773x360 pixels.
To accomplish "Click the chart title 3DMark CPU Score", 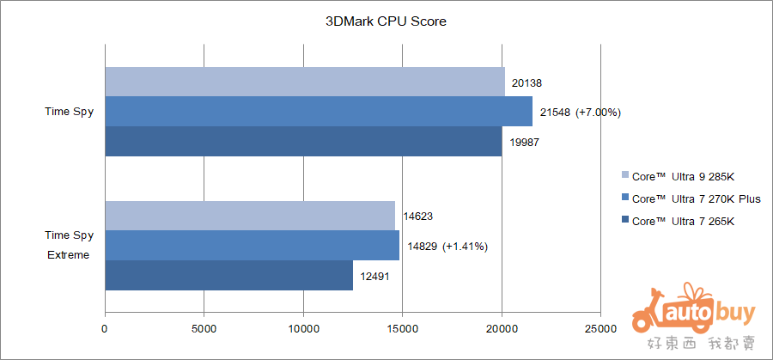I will (386, 21).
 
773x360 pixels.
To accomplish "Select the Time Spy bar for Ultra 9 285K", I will (305, 82).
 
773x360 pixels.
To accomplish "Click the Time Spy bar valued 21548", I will (319, 112).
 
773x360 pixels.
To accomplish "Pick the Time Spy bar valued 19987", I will (303, 142).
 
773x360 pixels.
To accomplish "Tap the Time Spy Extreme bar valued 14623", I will (250, 216).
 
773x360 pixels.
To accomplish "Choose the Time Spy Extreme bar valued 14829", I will (252, 246).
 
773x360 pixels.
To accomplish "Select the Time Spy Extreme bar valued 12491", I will (228, 276).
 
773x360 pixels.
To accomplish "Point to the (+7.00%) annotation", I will (599, 113).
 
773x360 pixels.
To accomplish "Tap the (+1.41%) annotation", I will (465, 247).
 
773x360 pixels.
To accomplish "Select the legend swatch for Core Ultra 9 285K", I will (624, 177).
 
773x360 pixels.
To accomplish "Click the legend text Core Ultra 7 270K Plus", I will (696, 199).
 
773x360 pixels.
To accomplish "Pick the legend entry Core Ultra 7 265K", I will (683, 222).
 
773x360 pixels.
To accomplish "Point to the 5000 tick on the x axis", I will (204, 329).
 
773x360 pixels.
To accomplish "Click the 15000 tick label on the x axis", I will (402, 329).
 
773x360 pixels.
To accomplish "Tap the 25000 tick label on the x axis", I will (600, 329).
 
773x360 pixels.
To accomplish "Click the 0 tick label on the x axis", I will (105, 329).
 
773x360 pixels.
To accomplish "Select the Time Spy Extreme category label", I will (69, 245).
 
